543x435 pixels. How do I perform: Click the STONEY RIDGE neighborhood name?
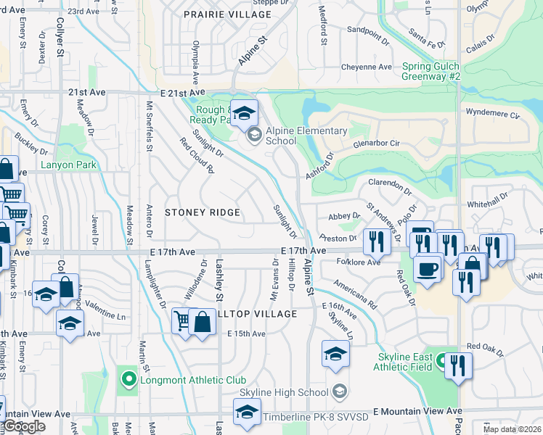point(203,212)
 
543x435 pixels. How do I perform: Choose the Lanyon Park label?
point(69,165)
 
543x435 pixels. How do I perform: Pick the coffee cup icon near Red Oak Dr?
point(427,269)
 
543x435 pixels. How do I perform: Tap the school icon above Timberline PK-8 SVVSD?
point(248,412)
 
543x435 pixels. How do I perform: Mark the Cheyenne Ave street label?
point(367,67)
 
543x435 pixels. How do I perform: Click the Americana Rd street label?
point(356,293)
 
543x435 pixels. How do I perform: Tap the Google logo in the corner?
point(23,427)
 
